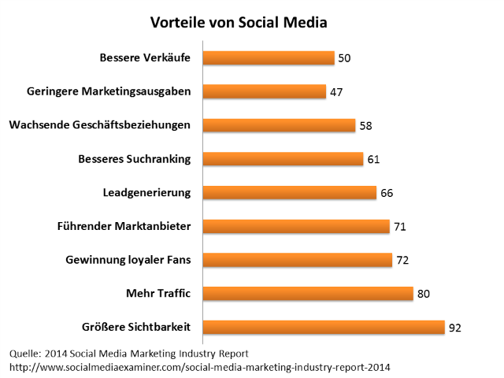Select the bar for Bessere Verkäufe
point(269,57)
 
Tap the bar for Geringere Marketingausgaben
point(265,91)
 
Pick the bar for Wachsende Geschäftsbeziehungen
point(279,125)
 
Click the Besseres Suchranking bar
point(283,159)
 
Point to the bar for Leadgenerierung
point(289,193)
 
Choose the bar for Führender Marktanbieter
point(296,227)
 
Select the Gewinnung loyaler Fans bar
point(297,260)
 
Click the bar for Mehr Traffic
point(308,294)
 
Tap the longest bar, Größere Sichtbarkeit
point(324,328)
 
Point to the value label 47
point(336,92)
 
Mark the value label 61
point(373,160)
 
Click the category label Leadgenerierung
point(146,193)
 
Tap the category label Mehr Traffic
point(158,294)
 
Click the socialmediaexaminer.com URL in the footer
point(200,367)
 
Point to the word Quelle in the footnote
point(25,353)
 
